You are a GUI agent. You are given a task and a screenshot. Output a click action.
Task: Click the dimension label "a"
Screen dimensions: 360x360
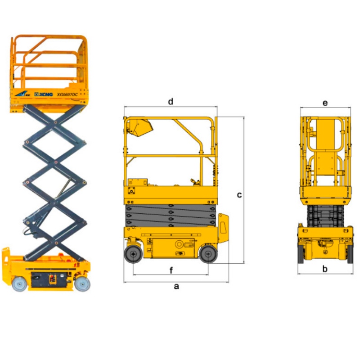click(176, 286)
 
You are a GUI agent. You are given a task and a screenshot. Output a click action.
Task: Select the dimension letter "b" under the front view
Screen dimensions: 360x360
click(325, 269)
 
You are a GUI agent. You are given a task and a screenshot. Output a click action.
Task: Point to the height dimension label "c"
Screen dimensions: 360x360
click(239, 195)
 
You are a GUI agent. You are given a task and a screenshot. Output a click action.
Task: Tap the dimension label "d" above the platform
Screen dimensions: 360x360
click(171, 101)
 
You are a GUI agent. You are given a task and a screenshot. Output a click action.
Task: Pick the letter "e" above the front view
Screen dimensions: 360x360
click(325, 103)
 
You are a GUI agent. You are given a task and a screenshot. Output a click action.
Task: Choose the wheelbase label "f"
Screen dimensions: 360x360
click(171, 270)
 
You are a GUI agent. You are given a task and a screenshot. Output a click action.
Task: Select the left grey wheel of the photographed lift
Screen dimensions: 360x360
click(19, 283)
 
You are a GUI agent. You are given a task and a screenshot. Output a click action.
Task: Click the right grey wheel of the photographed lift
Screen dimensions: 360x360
click(82, 283)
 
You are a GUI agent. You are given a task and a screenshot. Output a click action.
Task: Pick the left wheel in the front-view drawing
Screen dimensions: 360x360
click(301, 254)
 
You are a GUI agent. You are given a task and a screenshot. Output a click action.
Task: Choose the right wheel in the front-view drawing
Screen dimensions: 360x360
click(350, 254)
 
